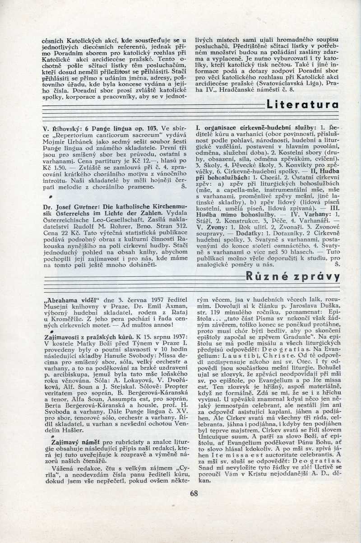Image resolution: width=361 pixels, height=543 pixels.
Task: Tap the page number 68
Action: click(x=194, y=493)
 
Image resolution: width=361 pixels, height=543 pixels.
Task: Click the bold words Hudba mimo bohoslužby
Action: click(x=235, y=215)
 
